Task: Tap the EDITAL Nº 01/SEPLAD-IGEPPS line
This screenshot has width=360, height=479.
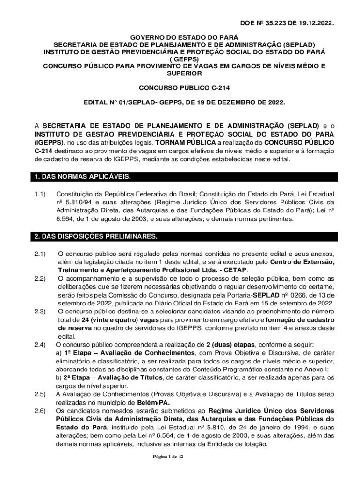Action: pyautogui.click(x=184, y=102)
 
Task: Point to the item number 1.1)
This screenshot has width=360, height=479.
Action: pyautogui.click(x=40, y=194)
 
